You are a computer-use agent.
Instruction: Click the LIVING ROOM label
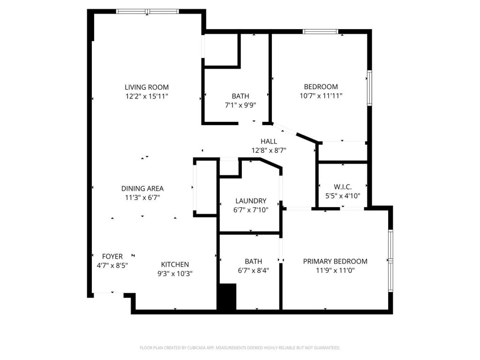click(x=146, y=87)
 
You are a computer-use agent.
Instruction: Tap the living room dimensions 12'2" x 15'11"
click(x=146, y=96)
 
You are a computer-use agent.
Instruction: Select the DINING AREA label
click(x=142, y=188)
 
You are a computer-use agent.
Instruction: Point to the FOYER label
click(x=112, y=256)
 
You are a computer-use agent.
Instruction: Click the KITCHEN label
click(x=175, y=264)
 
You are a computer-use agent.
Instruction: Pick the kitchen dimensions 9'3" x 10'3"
click(x=175, y=273)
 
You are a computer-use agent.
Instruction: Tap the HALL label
click(x=269, y=141)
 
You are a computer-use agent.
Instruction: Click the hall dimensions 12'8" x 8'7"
click(x=269, y=150)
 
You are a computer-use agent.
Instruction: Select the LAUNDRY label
click(x=251, y=201)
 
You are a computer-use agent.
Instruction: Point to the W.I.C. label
click(x=342, y=187)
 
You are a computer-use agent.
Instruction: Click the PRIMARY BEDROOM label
click(x=335, y=261)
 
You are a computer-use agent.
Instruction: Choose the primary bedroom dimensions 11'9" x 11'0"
click(x=335, y=270)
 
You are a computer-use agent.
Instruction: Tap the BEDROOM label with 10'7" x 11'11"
click(x=321, y=87)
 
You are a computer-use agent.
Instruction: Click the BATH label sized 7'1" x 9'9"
click(x=240, y=96)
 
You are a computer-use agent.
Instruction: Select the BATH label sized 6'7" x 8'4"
click(x=253, y=261)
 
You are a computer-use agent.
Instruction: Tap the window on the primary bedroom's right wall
click(x=390, y=261)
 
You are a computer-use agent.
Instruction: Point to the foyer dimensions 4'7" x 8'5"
click(x=112, y=265)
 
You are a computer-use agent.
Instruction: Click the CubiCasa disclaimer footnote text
click(x=240, y=348)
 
